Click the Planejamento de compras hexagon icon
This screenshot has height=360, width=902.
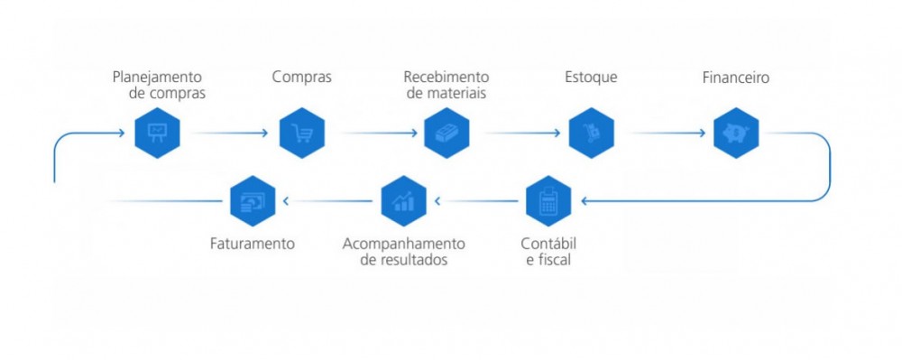158,134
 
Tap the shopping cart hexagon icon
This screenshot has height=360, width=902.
301,134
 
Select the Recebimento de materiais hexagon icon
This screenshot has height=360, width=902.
447,134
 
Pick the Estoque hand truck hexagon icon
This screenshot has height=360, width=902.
592,134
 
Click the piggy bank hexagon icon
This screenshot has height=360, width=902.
736,134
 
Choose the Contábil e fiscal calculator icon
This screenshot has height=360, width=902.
548,201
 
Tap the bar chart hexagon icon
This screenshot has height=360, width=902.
403,201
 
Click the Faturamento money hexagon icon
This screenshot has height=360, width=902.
252,201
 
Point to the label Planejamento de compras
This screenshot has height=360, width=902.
159,85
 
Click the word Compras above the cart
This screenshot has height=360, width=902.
301,77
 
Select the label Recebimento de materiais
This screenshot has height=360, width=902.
446,85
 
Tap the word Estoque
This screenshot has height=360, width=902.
592,77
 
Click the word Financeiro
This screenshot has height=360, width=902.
736,77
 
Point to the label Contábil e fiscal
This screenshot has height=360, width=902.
548,252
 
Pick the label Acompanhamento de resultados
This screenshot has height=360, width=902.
404,252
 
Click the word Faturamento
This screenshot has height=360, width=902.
252,244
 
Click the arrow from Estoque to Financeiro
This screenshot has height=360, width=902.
667,134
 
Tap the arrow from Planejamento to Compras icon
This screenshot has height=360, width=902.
230,134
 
